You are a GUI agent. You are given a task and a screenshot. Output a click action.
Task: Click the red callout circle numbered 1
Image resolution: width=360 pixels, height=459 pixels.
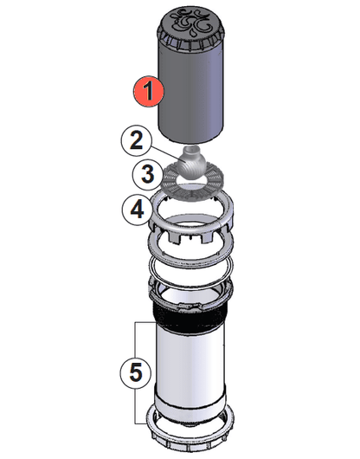coord(148,89)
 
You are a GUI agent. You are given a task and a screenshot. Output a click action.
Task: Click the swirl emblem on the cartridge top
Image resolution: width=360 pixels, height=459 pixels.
coord(190,19)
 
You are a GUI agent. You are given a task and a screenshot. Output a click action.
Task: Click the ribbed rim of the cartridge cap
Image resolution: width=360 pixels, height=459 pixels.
coord(190,40)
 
